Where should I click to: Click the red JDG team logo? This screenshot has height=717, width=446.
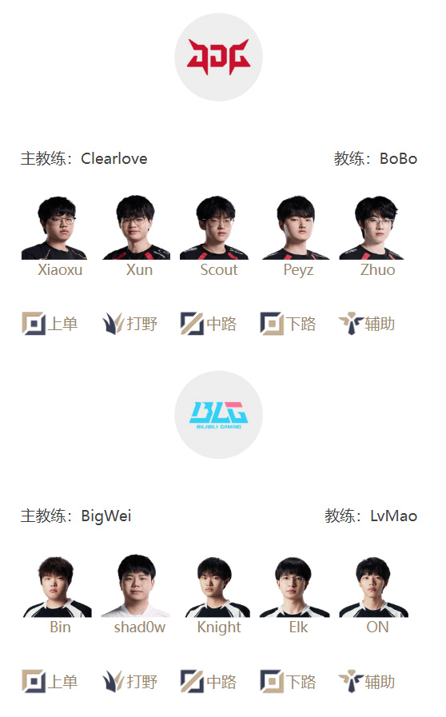(x=218, y=57)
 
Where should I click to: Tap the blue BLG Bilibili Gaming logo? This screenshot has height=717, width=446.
(x=219, y=415)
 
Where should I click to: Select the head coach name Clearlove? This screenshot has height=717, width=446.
(x=114, y=159)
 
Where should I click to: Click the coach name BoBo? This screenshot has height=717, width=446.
(x=398, y=159)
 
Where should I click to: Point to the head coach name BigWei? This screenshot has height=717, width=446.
(x=106, y=516)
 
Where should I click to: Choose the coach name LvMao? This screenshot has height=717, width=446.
(x=393, y=516)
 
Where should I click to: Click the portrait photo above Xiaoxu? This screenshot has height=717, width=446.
(x=56, y=228)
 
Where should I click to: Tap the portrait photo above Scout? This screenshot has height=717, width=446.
(x=214, y=228)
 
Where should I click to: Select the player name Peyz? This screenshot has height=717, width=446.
(x=298, y=270)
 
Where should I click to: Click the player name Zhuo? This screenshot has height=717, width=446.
(x=377, y=269)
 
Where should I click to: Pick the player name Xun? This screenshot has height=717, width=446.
(x=139, y=269)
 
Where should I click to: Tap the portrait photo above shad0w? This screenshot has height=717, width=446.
(x=136, y=586)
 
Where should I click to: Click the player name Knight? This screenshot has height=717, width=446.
(x=219, y=627)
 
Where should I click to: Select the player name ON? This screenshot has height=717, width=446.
(x=377, y=627)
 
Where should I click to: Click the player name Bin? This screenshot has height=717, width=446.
(x=60, y=627)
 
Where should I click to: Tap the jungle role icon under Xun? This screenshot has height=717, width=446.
(x=113, y=323)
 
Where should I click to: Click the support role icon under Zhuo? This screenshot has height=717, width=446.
(x=351, y=323)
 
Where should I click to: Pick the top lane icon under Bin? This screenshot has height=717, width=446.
(x=34, y=681)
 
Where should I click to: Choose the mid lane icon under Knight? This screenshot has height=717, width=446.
(x=192, y=681)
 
